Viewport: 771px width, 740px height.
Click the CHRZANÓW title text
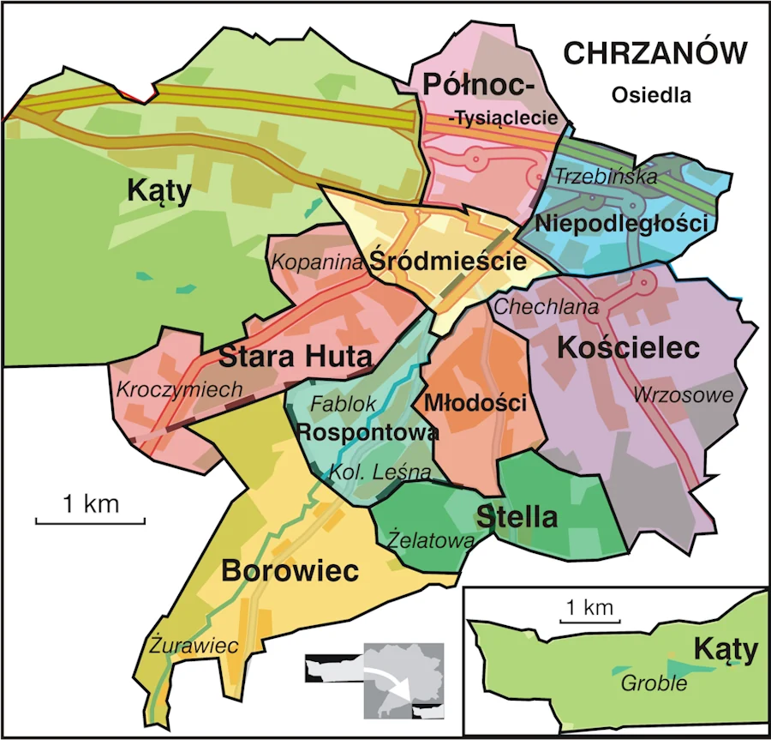click(x=654, y=54)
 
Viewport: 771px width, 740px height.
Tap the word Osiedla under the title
click(x=651, y=95)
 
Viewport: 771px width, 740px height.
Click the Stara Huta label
click(x=296, y=356)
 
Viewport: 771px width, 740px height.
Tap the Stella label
click(x=517, y=517)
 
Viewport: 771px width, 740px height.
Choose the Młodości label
click(x=475, y=402)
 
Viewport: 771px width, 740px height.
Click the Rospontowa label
click(x=368, y=432)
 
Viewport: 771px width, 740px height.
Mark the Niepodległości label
click(x=622, y=225)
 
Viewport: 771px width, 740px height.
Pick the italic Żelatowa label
click(x=430, y=541)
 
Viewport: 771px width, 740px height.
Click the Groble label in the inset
click(x=654, y=683)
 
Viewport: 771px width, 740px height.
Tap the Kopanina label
click(x=318, y=262)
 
